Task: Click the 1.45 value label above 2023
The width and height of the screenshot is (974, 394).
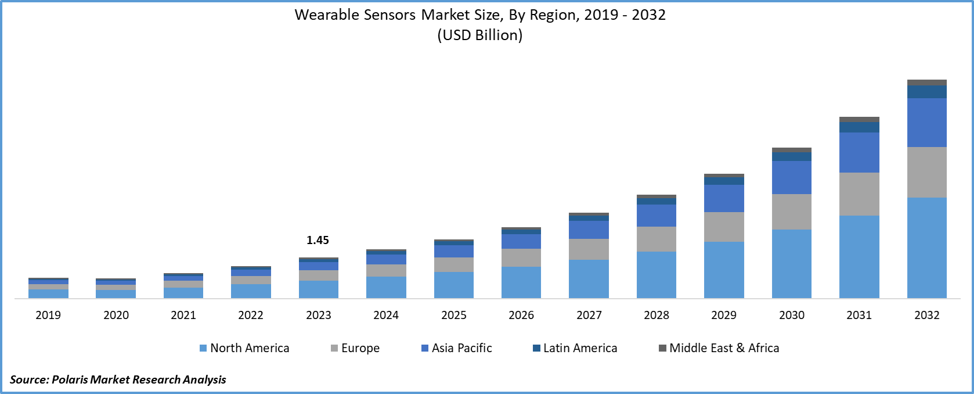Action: (x=318, y=240)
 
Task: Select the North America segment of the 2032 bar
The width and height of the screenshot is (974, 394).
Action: (x=926, y=248)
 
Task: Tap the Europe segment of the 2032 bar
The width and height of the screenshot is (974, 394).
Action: (x=926, y=172)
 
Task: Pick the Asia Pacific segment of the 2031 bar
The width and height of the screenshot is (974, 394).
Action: (x=859, y=152)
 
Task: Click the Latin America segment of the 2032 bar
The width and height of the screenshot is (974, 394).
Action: (x=926, y=92)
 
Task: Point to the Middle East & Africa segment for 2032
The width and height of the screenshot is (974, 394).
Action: (x=926, y=83)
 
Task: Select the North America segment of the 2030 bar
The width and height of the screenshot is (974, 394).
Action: (x=791, y=264)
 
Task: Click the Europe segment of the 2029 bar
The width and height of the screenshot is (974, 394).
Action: (x=724, y=227)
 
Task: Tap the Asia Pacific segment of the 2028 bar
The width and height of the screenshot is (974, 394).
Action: (x=656, y=215)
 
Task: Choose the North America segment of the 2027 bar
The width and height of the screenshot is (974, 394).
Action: (x=589, y=279)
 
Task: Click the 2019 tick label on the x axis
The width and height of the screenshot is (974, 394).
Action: (x=48, y=315)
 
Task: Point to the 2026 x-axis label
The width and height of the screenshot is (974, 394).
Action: (x=521, y=315)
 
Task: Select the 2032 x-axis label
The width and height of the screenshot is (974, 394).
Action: (x=926, y=315)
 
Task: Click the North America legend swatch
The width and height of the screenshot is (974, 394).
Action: (x=203, y=348)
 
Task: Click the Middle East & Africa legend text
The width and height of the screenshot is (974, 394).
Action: (x=724, y=348)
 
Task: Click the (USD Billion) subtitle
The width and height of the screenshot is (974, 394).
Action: (x=479, y=35)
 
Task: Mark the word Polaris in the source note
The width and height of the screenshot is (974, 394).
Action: (x=70, y=379)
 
